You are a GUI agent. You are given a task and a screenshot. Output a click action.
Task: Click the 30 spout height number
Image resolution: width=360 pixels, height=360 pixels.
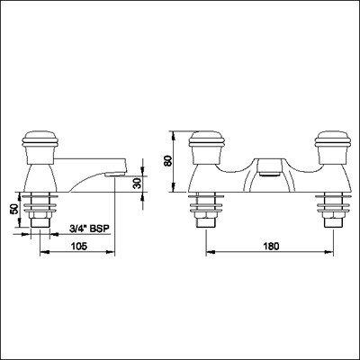(x=137, y=185)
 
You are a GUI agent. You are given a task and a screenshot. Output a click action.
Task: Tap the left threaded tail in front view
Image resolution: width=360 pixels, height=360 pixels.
(x=205, y=216)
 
